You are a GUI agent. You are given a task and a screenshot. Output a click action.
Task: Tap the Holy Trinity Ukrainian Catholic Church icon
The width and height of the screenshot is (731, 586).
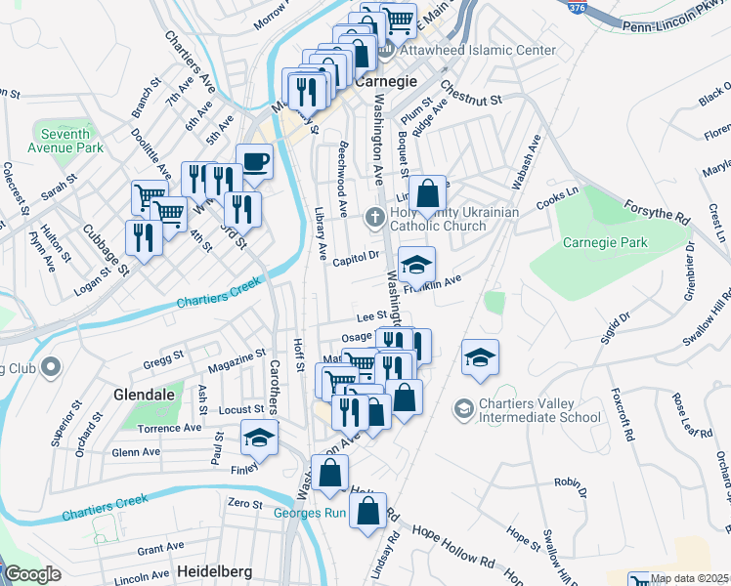pyautogui.click(x=373, y=219)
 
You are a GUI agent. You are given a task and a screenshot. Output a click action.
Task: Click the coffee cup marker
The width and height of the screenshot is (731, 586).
pyautogui.click(x=254, y=160)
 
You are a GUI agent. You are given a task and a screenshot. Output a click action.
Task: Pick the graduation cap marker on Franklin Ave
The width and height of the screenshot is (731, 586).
pyautogui.click(x=416, y=265)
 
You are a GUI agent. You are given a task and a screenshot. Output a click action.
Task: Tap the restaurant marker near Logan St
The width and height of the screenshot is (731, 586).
pyautogui.click(x=144, y=237)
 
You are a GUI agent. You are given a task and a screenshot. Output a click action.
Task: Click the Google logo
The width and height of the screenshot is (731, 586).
pyautogui.click(x=32, y=574)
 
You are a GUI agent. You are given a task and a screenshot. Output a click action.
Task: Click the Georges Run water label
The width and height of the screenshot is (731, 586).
pyautogui.click(x=310, y=514)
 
